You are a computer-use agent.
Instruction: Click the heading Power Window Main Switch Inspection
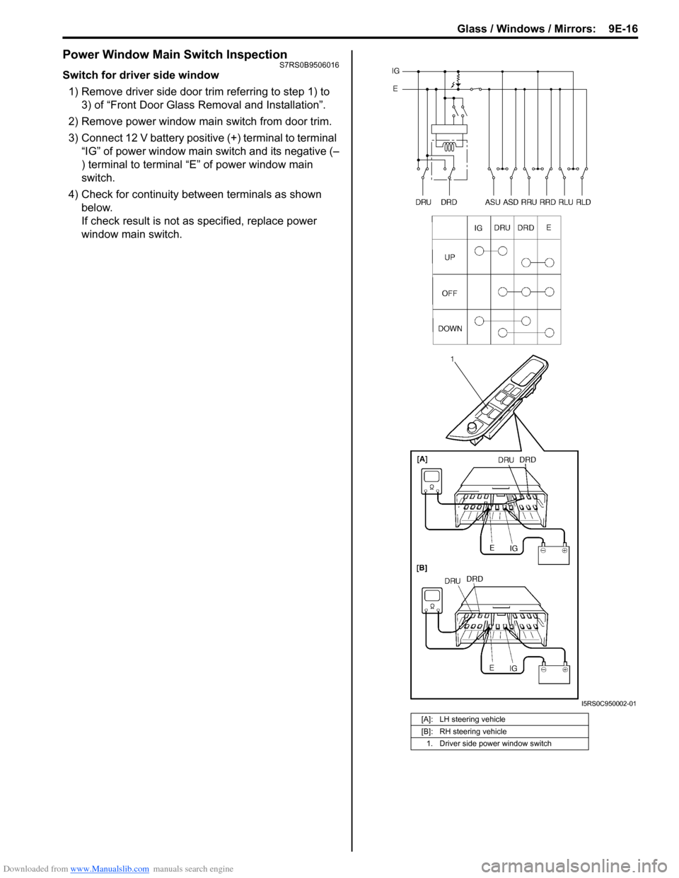click(175, 54)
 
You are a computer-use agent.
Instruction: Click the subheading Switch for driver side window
click(141, 75)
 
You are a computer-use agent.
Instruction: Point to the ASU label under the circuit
click(492, 202)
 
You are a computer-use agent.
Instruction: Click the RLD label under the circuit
click(584, 202)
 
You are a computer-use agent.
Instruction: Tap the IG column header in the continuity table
click(478, 228)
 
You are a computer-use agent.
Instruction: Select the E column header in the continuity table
click(549, 228)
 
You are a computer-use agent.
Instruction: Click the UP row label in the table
click(450, 257)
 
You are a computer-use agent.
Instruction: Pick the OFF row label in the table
click(450, 293)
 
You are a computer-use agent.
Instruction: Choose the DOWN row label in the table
click(450, 328)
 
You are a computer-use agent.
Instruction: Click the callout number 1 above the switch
click(453, 360)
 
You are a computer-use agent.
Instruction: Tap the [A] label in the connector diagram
click(422, 460)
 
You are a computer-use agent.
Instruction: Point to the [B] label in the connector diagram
click(422, 568)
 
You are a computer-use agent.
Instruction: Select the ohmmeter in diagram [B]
click(432, 602)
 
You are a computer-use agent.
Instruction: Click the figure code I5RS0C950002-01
click(608, 704)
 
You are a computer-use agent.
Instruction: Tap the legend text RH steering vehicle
click(473, 732)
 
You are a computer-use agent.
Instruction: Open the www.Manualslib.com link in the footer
click(110, 869)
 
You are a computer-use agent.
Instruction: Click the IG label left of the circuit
click(395, 71)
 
